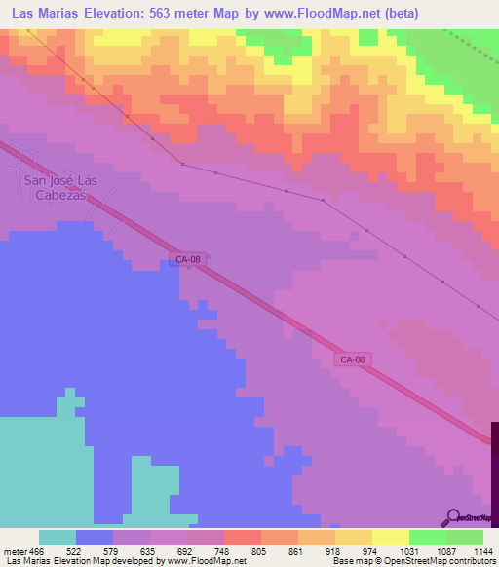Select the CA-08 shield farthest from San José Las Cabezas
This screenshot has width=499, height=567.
(354, 359)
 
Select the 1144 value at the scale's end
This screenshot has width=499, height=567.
(481, 551)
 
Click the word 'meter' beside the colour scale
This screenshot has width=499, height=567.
(14, 551)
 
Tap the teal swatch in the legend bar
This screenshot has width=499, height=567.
(58, 537)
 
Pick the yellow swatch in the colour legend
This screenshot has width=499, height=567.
(390, 537)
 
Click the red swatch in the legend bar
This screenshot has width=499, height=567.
(242, 537)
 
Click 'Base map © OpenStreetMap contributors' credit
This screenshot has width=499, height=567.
(411, 562)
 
